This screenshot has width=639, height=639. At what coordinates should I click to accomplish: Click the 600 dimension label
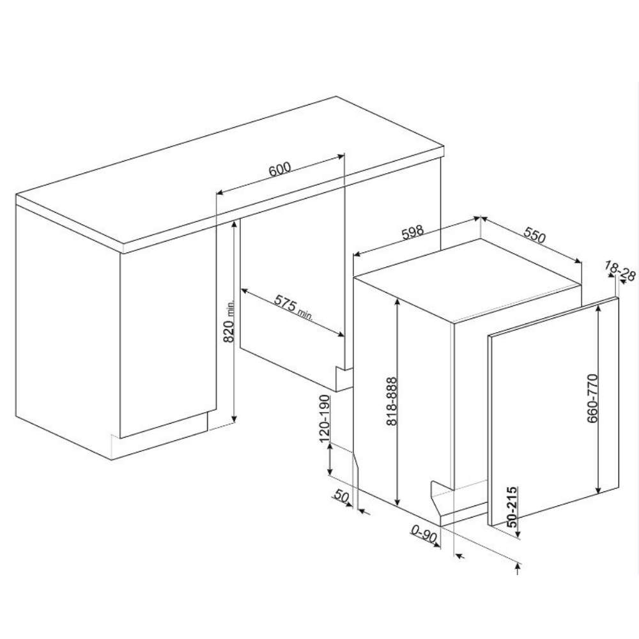(280, 169)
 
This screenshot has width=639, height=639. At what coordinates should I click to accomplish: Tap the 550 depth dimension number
(534, 236)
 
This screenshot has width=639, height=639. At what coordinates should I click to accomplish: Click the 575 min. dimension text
(293, 307)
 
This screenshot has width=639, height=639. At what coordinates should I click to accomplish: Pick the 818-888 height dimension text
(391, 401)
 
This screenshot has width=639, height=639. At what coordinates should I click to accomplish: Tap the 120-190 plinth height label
(325, 419)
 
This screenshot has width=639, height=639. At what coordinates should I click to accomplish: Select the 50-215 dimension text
(511, 507)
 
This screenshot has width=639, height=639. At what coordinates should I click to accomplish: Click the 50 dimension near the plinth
(341, 496)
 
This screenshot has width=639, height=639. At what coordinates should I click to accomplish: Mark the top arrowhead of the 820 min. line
(234, 226)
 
